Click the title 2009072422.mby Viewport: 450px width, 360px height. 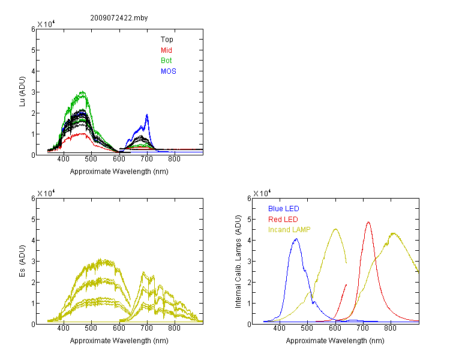(x=119, y=18)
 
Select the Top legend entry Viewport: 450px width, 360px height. (x=167, y=40)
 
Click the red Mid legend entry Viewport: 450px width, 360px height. (x=166, y=50)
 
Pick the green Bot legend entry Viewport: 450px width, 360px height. (x=166, y=61)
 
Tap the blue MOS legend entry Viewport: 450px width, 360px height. (x=169, y=71)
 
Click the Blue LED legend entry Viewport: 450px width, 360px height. (x=284, y=209)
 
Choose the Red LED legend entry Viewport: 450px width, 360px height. (x=283, y=220)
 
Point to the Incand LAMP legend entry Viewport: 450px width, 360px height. (x=289, y=230)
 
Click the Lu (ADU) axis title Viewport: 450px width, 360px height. (x=22, y=92)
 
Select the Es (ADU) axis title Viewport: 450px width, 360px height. (x=22, y=261)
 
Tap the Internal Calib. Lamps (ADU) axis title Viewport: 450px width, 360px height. (x=238, y=262)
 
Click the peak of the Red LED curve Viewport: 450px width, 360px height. (x=368, y=222)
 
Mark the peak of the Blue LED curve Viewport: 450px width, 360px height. (x=296, y=239)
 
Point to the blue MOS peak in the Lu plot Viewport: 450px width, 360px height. (x=147, y=115)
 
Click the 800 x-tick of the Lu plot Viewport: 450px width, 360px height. (x=174, y=159)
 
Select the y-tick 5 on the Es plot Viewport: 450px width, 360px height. (x=33, y=220)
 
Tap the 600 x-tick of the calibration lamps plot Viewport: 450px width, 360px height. (x=335, y=328)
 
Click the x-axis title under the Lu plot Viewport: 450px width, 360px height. (x=119, y=172)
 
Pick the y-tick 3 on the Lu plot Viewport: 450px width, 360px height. (x=33, y=92)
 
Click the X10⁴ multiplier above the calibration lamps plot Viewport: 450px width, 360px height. (x=262, y=193)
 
